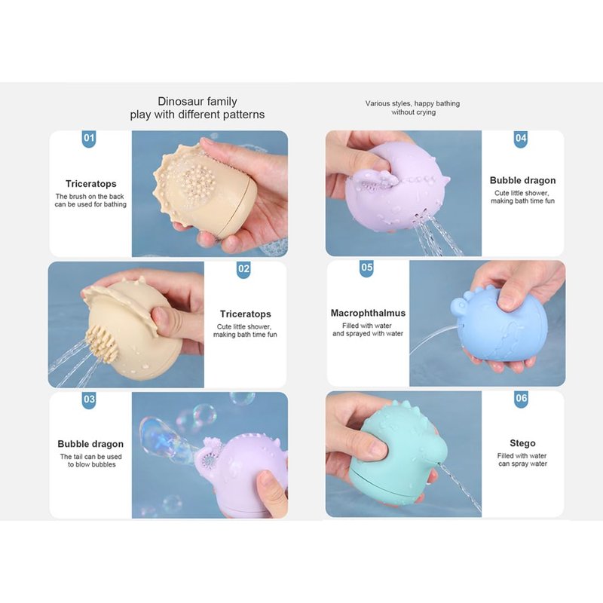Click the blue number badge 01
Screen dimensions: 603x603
(89, 139)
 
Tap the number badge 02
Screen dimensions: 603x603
(243, 270)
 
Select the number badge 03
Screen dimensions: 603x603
(89, 400)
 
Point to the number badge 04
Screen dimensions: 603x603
(521, 139)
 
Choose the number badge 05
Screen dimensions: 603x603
(367, 268)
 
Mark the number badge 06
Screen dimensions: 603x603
(521, 399)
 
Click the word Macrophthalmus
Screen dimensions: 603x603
(368, 313)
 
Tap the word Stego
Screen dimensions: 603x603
(522, 443)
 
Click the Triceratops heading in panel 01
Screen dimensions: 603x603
(90, 184)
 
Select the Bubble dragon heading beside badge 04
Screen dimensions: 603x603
(522, 180)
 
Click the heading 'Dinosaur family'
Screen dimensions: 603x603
(197, 102)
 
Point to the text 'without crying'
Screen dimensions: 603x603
(413, 112)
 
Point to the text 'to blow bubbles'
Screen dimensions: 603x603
(92, 464)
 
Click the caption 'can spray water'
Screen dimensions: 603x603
(522, 464)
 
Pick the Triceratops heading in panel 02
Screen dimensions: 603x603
(246, 314)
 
